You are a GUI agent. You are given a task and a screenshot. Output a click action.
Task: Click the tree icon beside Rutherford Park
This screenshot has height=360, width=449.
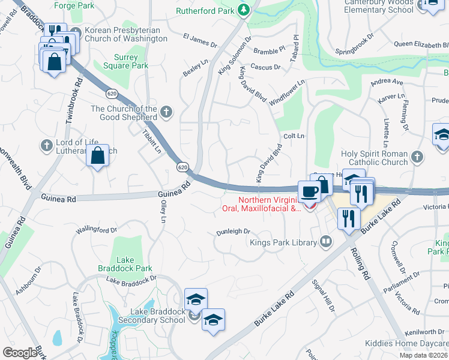[x=243, y=10]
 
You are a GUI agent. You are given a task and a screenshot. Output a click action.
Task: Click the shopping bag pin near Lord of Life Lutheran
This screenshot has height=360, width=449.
[x=97, y=157]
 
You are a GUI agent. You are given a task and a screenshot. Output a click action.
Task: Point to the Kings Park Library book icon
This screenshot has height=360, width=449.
[x=326, y=242]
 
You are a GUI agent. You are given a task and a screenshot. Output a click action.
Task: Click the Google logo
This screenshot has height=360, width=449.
[x=20, y=352]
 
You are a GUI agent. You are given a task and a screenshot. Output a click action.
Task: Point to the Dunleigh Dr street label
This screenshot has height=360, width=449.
[x=233, y=232]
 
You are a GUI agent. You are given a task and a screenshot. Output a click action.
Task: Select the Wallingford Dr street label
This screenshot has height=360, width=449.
[x=96, y=230]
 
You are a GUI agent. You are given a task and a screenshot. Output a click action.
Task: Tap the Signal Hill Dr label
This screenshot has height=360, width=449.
[x=322, y=295]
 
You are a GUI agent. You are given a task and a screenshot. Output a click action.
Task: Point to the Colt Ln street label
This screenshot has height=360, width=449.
[x=294, y=136]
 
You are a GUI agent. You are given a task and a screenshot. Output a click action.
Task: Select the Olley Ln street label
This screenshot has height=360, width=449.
[x=163, y=212]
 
